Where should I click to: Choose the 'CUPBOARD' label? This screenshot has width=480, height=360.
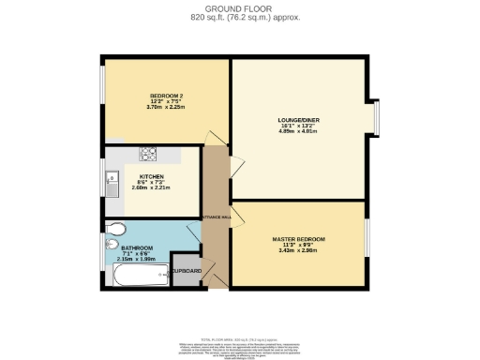[x=187, y=271]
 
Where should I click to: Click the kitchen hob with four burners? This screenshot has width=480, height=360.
[x=150, y=155]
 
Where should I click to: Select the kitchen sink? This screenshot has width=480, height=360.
[x=112, y=180]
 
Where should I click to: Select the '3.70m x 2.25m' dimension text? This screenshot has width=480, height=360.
[x=165, y=108]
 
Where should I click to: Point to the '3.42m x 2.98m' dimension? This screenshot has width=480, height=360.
[x=298, y=251]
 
